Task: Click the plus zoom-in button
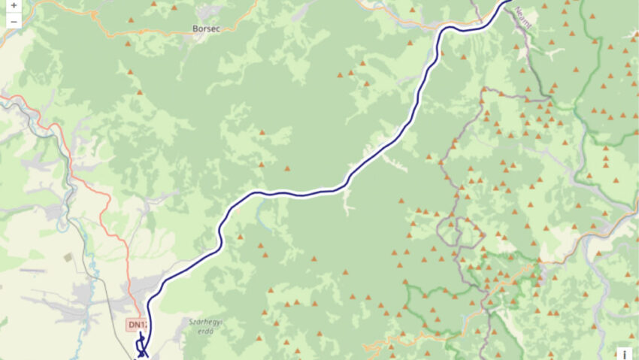pyautogui.click(x=14, y=5)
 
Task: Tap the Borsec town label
pyautogui.click(x=205, y=29)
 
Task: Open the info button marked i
pyautogui.click(x=625, y=354)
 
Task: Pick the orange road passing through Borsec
pyautogui.click(x=150, y=33)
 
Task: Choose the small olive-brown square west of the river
pyautogui.click(x=68, y=257)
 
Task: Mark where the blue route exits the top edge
pyautogui.click(x=509, y=2)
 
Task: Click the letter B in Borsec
pyautogui.click(x=195, y=29)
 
